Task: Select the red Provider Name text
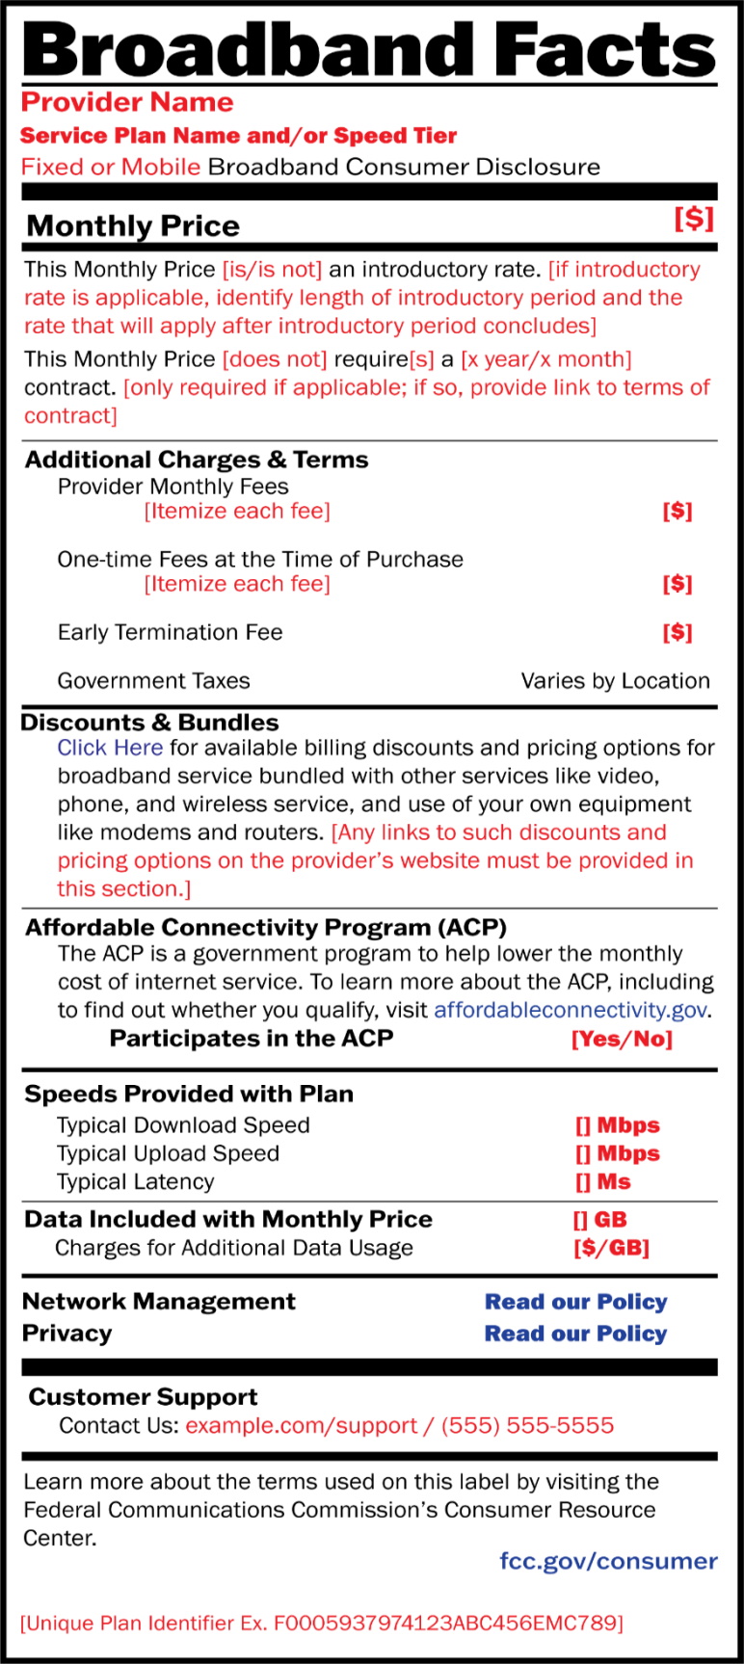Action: point(127,102)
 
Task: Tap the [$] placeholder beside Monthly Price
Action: point(694,219)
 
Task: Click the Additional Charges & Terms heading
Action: point(197,460)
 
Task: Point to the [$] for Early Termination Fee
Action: point(678,632)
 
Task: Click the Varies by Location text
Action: point(615,681)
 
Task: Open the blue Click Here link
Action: point(110,748)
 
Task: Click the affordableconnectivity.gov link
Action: point(571,1010)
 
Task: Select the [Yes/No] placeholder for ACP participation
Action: point(622,1039)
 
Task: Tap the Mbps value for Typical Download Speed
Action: point(618,1125)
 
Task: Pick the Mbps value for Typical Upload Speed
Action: point(618,1153)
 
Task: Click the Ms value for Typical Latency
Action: point(603,1181)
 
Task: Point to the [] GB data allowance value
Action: point(600,1220)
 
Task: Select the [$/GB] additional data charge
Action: point(611,1248)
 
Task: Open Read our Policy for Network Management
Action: point(575,1302)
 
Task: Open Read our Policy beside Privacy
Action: point(575,1334)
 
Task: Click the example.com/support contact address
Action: point(301,1425)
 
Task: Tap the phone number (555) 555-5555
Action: point(527,1425)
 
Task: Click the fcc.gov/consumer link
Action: point(608,1561)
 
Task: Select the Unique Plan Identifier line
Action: point(322,1623)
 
